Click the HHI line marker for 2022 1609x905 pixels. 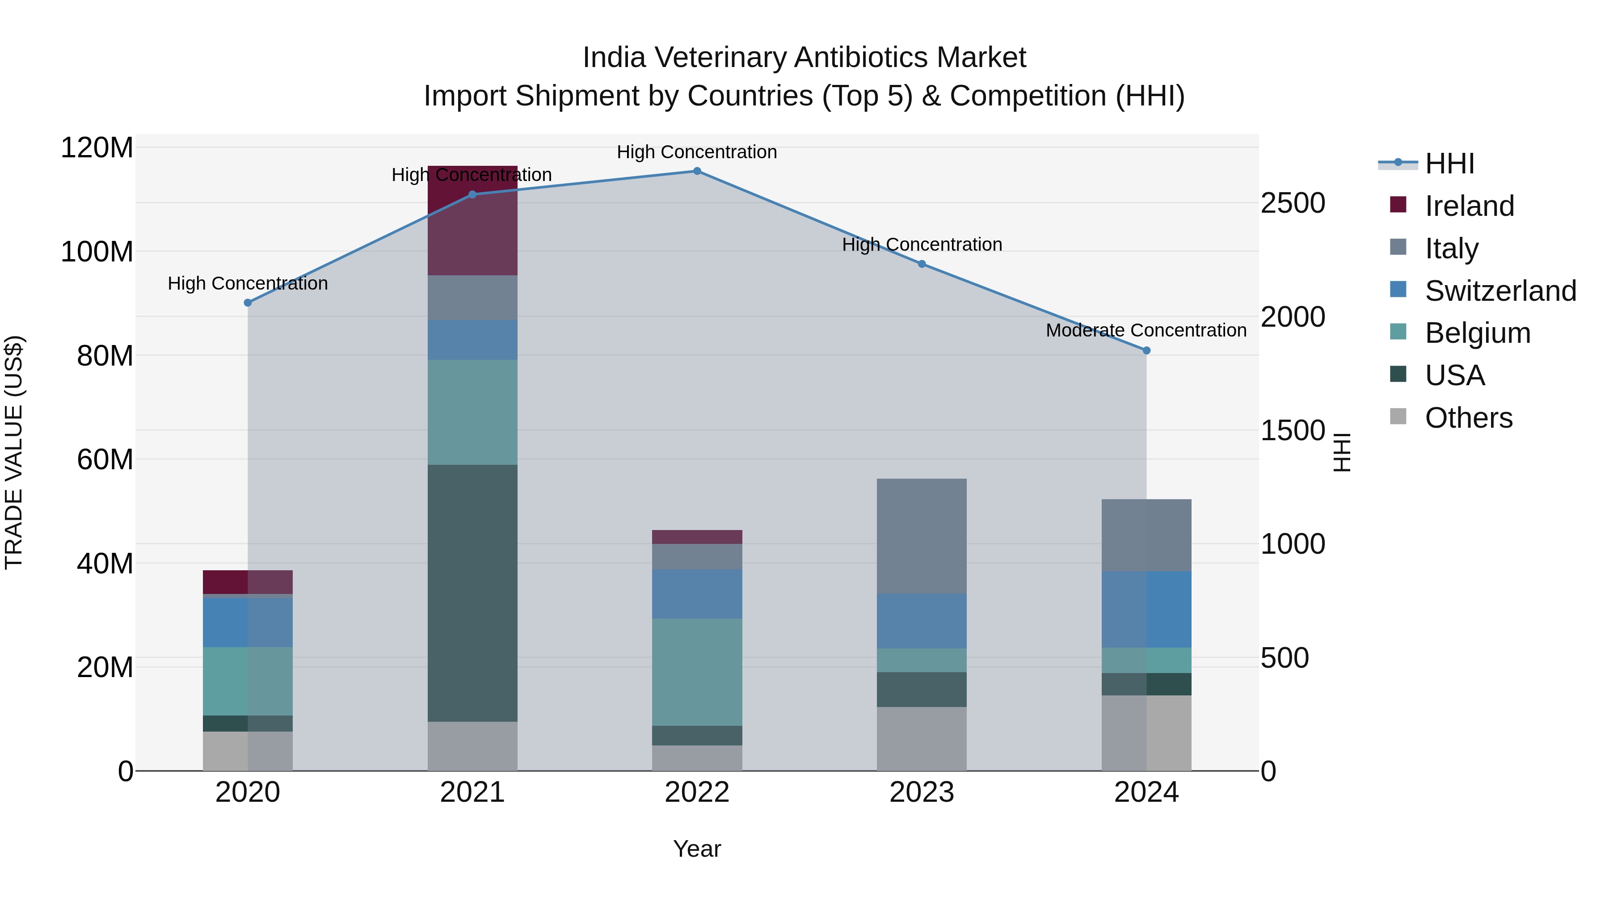click(x=697, y=171)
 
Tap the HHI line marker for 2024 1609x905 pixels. click(x=1146, y=351)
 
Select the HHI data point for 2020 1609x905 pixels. click(x=248, y=303)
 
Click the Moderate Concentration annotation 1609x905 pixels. click(x=1146, y=330)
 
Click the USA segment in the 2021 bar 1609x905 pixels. click(x=472, y=594)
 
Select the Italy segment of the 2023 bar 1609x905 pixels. click(x=922, y=536)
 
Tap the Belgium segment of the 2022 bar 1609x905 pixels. click(x=697, y=672)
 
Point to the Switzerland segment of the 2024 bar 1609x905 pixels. click(x=1146, y=610)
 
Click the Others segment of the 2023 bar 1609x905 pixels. click(x=922, y=739)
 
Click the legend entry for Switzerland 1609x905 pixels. click(x=1500, y=291)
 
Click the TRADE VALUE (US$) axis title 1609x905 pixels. click(x=14, y=452)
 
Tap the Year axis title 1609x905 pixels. click(x=697, y=849)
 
